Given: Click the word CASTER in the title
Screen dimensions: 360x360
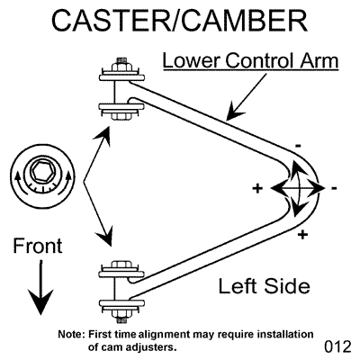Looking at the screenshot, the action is point(111,21).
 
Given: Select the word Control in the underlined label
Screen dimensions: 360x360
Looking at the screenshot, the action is point(258,60).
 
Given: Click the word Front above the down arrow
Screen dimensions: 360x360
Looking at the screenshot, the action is point(38,246).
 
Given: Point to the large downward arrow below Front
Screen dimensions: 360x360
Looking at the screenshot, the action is point(40,287).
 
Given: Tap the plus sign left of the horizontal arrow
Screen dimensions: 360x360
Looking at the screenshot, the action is point(257,188).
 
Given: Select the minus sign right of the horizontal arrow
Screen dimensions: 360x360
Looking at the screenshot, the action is point(334,188).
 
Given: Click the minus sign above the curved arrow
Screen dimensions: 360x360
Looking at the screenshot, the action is point(298,147).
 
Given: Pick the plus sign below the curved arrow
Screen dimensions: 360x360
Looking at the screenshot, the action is point(303,234).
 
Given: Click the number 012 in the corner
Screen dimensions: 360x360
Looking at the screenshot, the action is point(337,346).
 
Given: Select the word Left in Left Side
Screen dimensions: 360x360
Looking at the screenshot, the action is point(236,286).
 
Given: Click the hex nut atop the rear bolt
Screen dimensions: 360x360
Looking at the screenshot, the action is point(121,66).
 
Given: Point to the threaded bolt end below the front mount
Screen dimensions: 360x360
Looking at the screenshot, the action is point(121,320).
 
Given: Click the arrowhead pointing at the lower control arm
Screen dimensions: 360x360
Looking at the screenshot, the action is point(236,112).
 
